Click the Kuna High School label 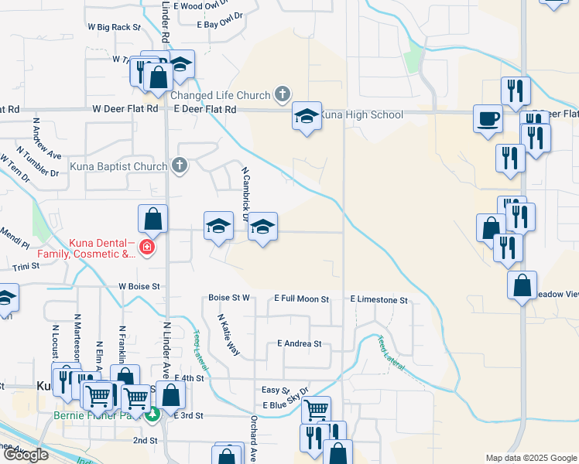pyautogui.click(x=361, y=115)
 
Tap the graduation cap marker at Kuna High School pyautogui.click(x=307, y=117)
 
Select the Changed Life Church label pyautogui.click(x=220, y=96)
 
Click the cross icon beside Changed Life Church pyautogui.click(x=283, y=95)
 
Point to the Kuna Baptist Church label pyautogui.click(x=118, y=166)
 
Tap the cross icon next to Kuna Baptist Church pyautogui.click(x=180, y=165)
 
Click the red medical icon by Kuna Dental pyautogui.click(x=146, y=248)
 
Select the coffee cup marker pyautogui.click(x=487, y=119)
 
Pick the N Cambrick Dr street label pyautogui.click(x=245, y=193)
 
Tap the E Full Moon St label pyautogui.click(x=301, y=299)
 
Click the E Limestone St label pyautogui.click(x=378, y=299)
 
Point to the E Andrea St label pyautogui.click(x=298, y=343)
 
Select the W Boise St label pyautogui.click(x=139, y=286)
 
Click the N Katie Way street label pyautogui.click(x=228, y=333)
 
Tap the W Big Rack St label pyautogui.click(x=114, y=26)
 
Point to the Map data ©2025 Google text pyautogui.click(x=530, y=458)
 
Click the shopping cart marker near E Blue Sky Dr pyautogui.click(x=316, y=409)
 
